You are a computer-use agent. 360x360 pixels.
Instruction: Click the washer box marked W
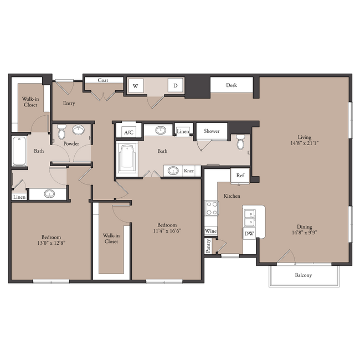(x=136, y=86)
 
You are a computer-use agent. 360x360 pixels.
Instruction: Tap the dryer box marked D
(x=176, y=85)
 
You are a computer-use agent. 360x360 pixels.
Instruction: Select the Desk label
(x=232, y=85)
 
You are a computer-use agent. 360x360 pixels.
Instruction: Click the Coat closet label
(x=102, y=80)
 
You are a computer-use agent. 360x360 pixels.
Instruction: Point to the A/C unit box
(x=128, y=132)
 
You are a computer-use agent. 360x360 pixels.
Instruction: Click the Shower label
(x=212, y=131)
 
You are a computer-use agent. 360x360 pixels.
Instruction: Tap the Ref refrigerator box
(x=240, y=176)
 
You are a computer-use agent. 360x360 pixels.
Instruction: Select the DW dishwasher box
(x=249, y=234)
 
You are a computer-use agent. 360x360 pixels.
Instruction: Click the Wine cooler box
(x=211, y=231)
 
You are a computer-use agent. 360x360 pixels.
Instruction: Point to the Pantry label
(x=208, y=246)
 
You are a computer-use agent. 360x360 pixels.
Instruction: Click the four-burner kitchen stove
(x=212, y=208)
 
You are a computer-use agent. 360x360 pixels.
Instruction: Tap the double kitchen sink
(x=249, y=218)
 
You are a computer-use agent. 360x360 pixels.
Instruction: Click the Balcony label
(x=304, y=275)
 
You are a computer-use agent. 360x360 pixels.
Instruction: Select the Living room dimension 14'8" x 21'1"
(x=305, y=143)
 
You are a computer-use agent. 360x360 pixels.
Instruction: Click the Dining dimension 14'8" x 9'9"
(x=305, y=233)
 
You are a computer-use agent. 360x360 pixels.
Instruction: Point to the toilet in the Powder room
(x=61, y=132)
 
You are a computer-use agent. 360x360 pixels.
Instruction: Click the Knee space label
(x=189, y=171)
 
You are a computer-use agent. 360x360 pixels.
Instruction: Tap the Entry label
(x=69, y=104)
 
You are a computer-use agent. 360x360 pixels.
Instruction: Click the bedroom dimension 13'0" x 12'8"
(x=52, y=243)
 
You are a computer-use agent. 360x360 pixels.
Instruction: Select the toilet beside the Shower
(x=240, y=142)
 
